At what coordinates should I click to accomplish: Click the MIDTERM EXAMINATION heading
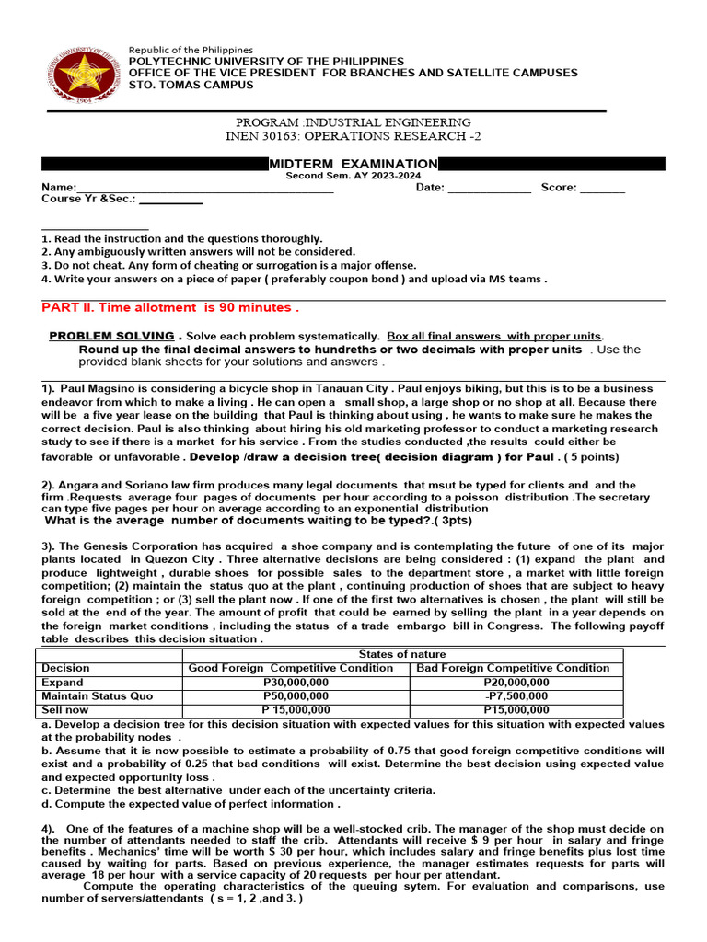pyautogui.click(x=353, y=164)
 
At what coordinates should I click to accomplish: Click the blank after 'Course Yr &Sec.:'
pyautogui.click(x=171, y=200)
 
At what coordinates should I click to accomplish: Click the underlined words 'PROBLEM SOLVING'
pyautogui.click(x=111, y=336)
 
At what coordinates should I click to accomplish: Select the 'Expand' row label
pyautogui.click(x=63, y=683)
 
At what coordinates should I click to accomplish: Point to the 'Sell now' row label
pyautogui.click(x=65, y=710)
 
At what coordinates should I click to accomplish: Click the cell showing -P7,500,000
pyautogui.click(x=516, y=696)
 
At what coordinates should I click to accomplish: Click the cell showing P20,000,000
pyautogui.click(x=516, y=683)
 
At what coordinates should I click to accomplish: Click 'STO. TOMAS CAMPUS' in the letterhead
pyautogui.click(x=191, y=86)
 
